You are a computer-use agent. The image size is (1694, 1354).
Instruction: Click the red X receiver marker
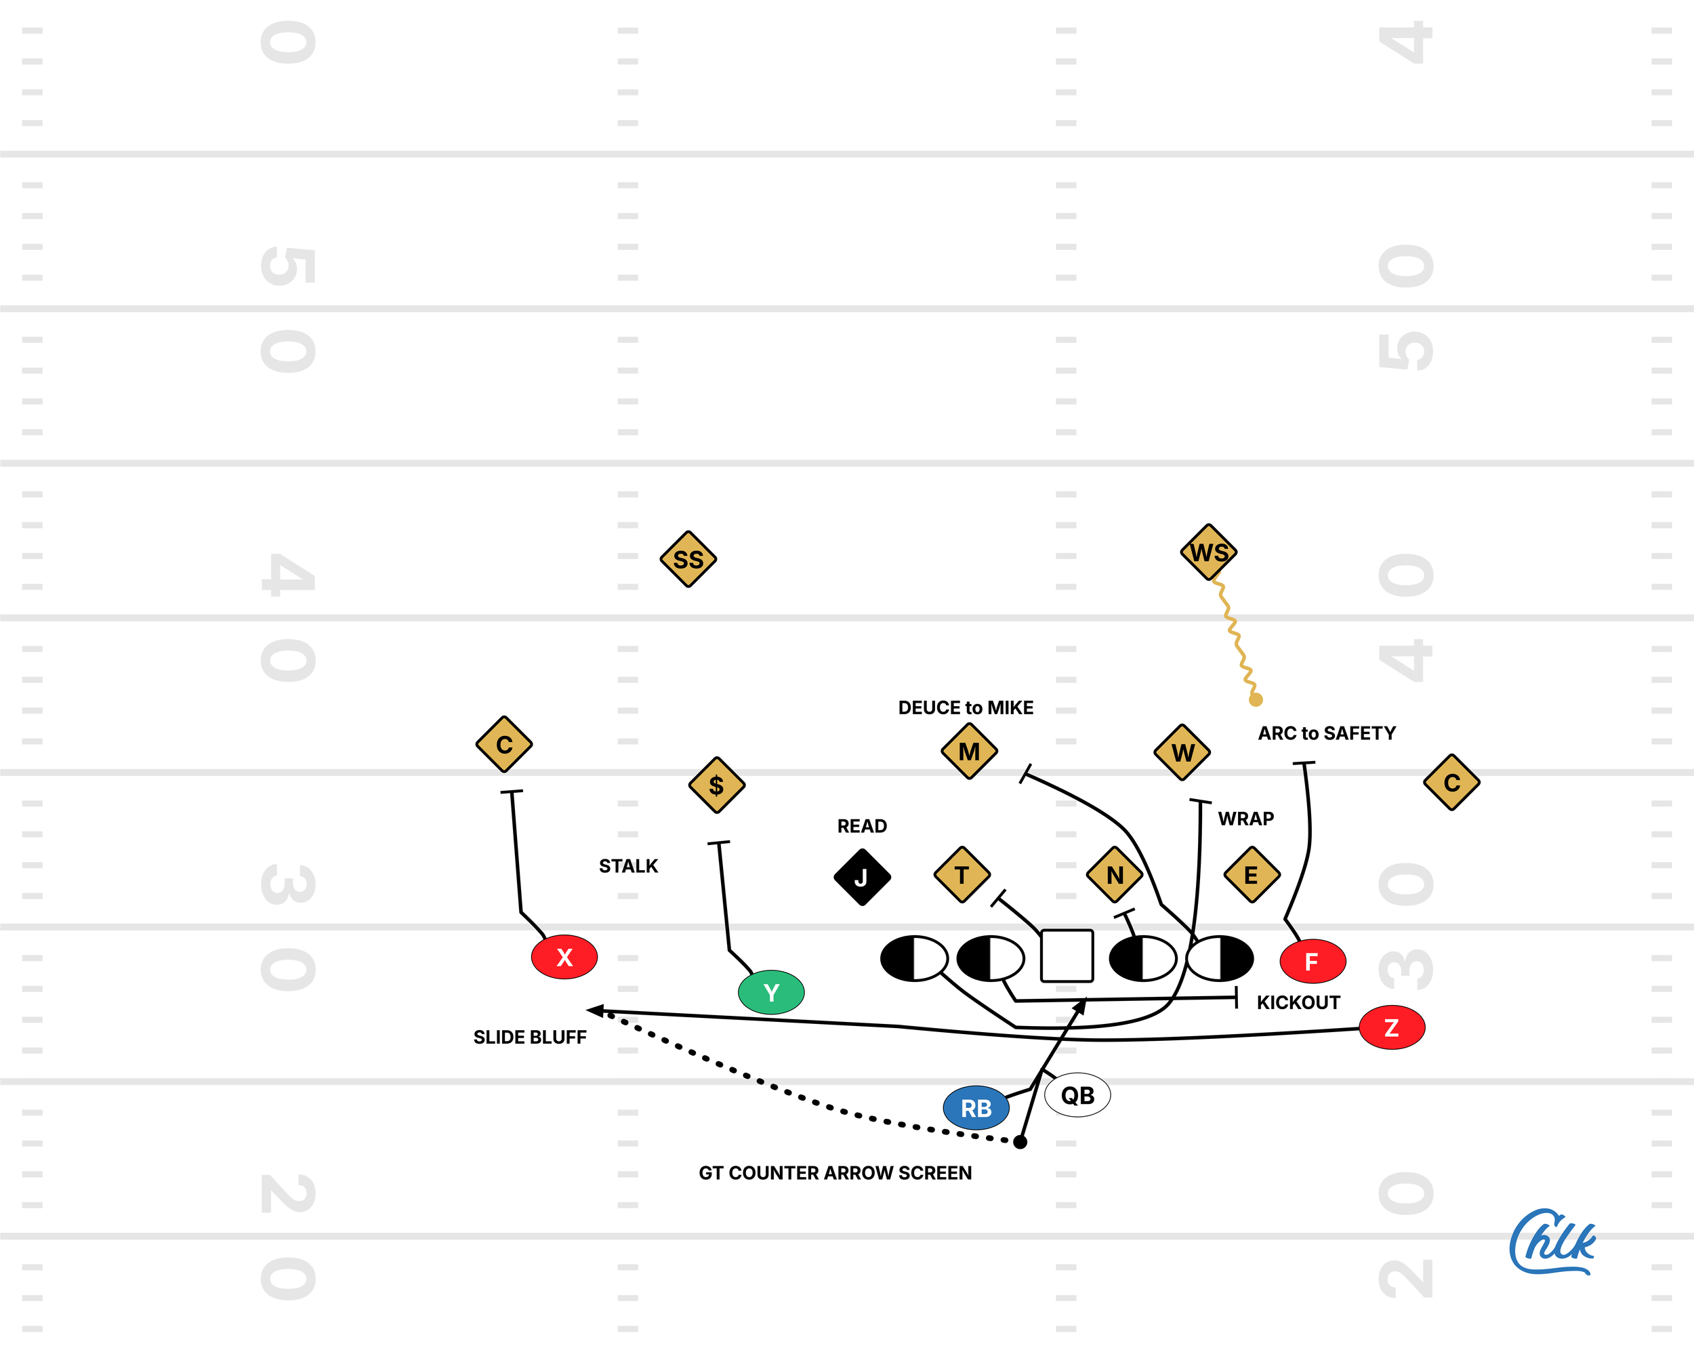coord(564,956)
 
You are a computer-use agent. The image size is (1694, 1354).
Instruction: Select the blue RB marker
coord(976,1107)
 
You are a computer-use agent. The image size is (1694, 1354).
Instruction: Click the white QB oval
coord(1077,1094)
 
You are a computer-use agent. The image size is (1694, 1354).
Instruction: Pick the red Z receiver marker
coord(1392,1027)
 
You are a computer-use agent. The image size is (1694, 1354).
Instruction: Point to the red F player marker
coord(1312,961)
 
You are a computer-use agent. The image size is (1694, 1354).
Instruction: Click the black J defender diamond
coord(862,877)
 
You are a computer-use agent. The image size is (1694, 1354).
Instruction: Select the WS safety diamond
coord(1208,552)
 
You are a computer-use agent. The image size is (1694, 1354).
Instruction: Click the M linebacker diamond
coord(969,752)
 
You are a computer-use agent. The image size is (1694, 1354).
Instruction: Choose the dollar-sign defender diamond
coord(716,784)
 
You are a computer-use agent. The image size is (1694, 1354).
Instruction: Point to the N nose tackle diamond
coord(1114,875)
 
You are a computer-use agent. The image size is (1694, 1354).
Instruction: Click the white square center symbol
coord(1067,956)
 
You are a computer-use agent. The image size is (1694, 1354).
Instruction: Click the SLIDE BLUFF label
coord(530,1037)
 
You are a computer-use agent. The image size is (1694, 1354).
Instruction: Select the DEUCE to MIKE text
coord(966,707)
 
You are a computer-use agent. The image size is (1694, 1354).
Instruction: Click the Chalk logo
coord(1552,1242)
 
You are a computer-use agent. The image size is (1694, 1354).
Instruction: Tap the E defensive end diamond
coord(1251,875)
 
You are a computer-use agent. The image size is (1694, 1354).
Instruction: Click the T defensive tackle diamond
coord(961,875)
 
